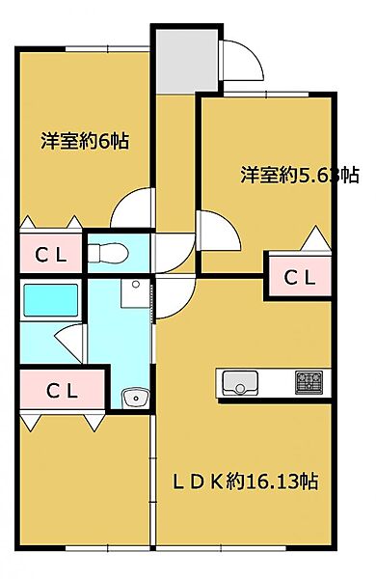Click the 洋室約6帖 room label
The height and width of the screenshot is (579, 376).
pos(85,141)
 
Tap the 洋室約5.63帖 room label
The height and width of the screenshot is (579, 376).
pos(299,175)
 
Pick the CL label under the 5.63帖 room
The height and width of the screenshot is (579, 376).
pos(298,277)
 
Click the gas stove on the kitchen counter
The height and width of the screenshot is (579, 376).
pos(309,382)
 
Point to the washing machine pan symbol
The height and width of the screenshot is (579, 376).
pos(134,288)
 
